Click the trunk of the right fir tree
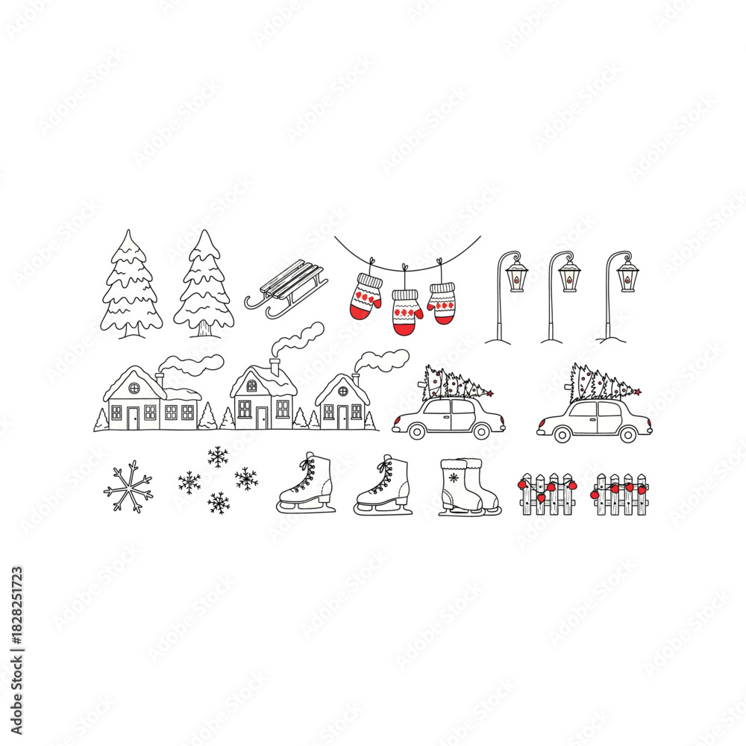[204, 328]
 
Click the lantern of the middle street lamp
[569, 275]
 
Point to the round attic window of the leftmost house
[134, 388]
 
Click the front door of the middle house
[262, 418]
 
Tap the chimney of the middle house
[275, 366]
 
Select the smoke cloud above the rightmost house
[384, 360]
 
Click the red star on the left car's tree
[490, 393]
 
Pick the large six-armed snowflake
[128, 486]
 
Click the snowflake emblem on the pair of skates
[453, 478]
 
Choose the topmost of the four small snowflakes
[218, 457]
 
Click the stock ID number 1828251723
[17, 618]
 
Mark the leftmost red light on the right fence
[595, 493]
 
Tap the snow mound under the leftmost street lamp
[498, 340]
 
